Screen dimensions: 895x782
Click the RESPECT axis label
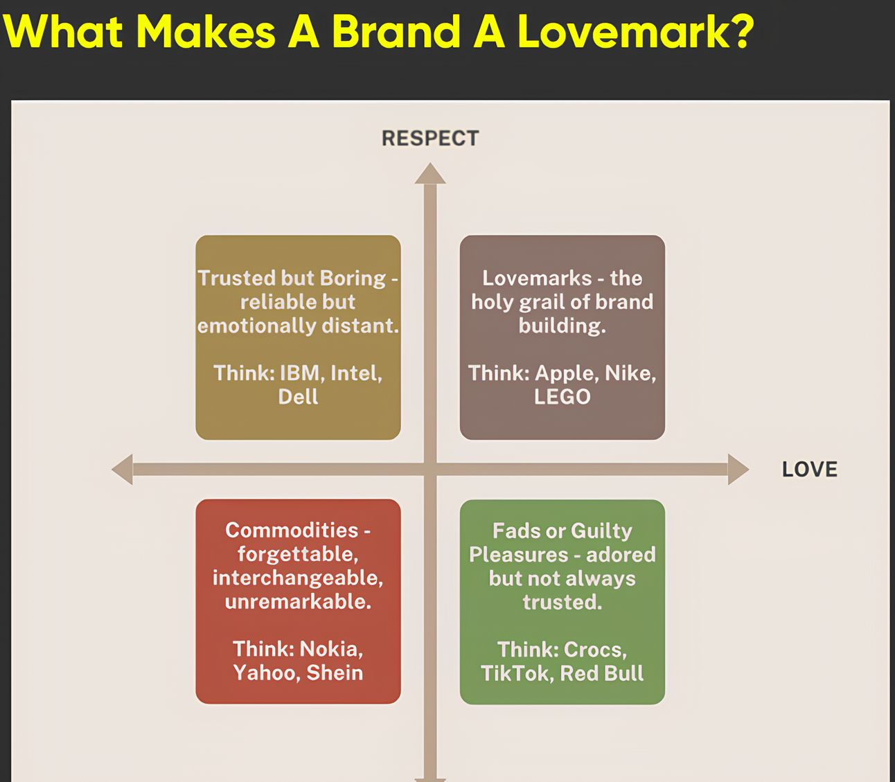click(430, 139)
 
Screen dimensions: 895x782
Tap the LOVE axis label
click(810, 470)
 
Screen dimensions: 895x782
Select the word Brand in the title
click(396, 31)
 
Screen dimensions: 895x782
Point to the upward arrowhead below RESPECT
click(430, 174)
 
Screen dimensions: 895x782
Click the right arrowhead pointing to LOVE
click(738, 470)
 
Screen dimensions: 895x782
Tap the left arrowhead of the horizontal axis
click(122, 470)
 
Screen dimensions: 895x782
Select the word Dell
click(298, 397)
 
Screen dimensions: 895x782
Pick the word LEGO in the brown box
click(562, 397)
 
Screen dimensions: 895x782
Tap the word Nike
click(630, 373)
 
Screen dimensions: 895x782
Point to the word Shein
click(335, 673)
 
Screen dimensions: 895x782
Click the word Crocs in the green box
click(595, 650)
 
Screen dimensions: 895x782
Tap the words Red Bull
click(602, 673)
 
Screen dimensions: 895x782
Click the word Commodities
click(292, 530)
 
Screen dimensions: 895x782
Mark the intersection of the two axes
click(430, 470)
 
